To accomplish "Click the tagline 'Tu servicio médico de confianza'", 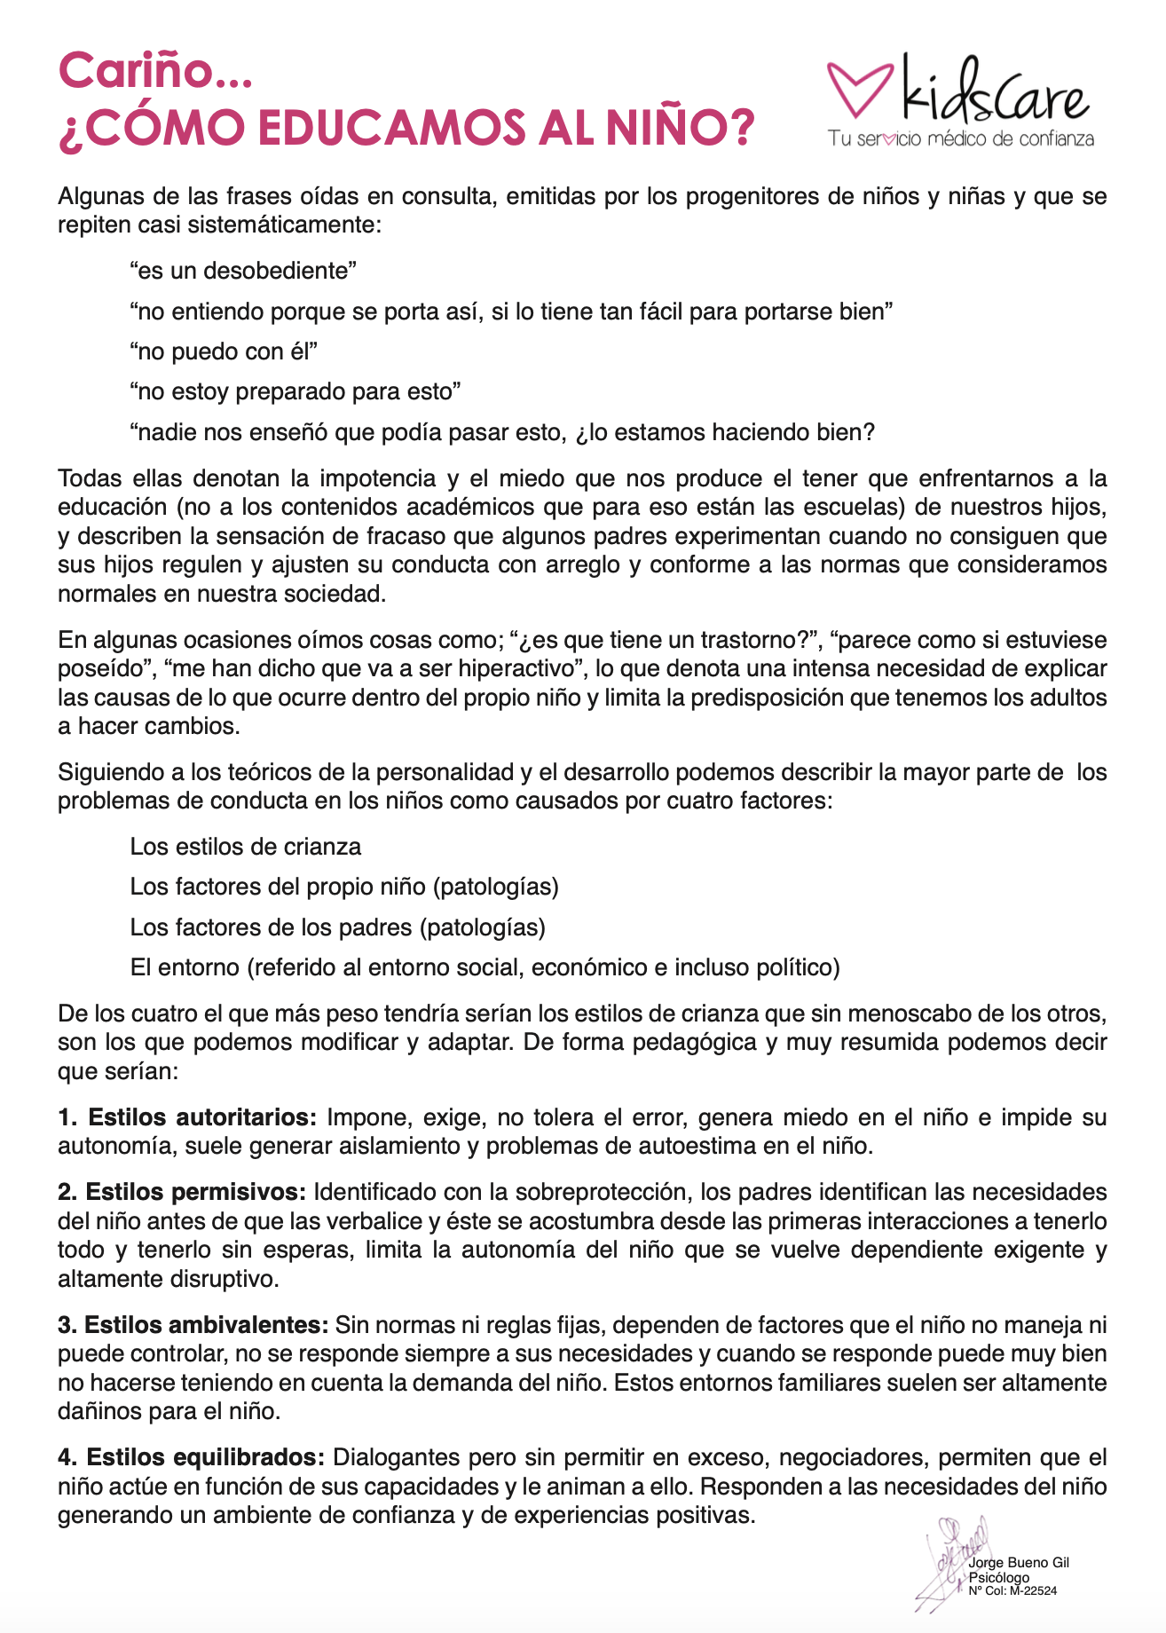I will (961, 139).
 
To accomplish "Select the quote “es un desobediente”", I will (242, 271).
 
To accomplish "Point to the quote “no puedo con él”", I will (223, 351).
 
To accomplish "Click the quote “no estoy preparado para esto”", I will (295, 391).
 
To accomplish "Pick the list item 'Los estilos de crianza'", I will (245, 847).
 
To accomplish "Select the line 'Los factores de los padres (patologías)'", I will (337, 927).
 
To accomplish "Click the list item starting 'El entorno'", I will (485, 967).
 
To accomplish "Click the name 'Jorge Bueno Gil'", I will (1019, 1563).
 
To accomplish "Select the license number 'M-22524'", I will (1036, 1591).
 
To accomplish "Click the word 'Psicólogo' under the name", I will (999, 1578).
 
